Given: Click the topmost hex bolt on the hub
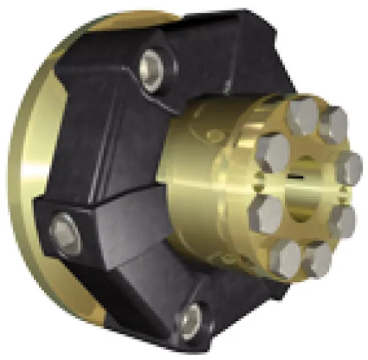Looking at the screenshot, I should tap(303, 114).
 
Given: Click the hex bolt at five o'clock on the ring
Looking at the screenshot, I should tap(318, 255).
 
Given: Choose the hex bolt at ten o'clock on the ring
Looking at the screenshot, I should tap(273, 150).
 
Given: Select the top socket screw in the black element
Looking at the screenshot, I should tap(151, 69).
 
